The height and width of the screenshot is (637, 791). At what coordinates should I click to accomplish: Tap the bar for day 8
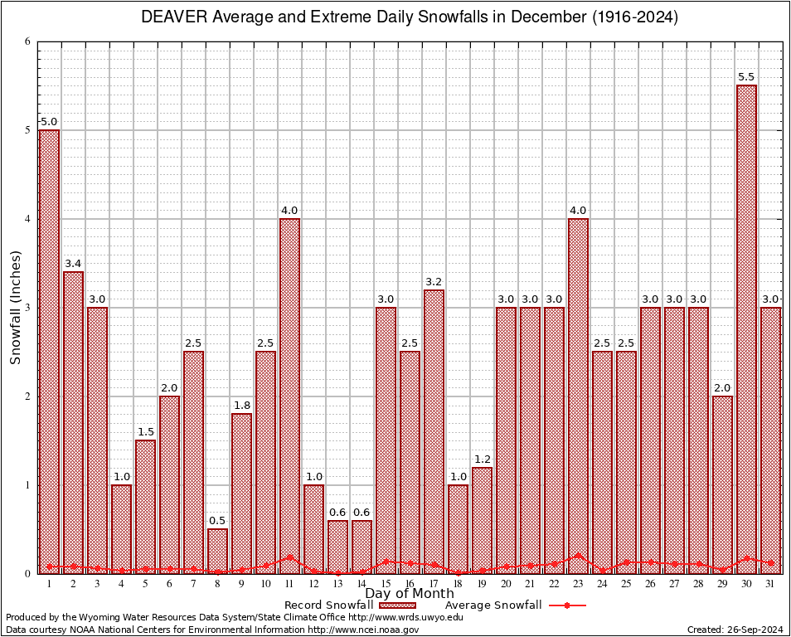coord(217,551)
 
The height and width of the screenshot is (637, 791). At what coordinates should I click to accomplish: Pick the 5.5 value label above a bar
coord(746,77)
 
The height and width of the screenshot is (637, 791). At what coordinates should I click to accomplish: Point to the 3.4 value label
coord(73,264)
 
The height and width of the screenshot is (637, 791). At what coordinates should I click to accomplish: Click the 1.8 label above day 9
coord(241,406)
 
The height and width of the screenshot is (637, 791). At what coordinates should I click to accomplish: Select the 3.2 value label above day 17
coord(434,282)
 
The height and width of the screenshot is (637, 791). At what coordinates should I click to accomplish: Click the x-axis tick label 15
coord(386,584)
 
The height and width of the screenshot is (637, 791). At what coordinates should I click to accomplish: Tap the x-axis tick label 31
coord(770,584)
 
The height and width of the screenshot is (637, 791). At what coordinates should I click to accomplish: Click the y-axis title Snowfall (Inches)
coord(16,307)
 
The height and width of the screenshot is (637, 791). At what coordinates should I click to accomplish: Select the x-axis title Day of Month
coord(409,594)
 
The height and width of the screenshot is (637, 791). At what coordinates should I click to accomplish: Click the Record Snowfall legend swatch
coord(396,605)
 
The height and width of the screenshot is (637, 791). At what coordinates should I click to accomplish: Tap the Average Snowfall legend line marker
coord(566,605)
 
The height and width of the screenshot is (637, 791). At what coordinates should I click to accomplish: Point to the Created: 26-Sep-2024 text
coord(735,630)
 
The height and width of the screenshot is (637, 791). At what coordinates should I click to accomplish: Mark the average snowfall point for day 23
coord(578,556)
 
